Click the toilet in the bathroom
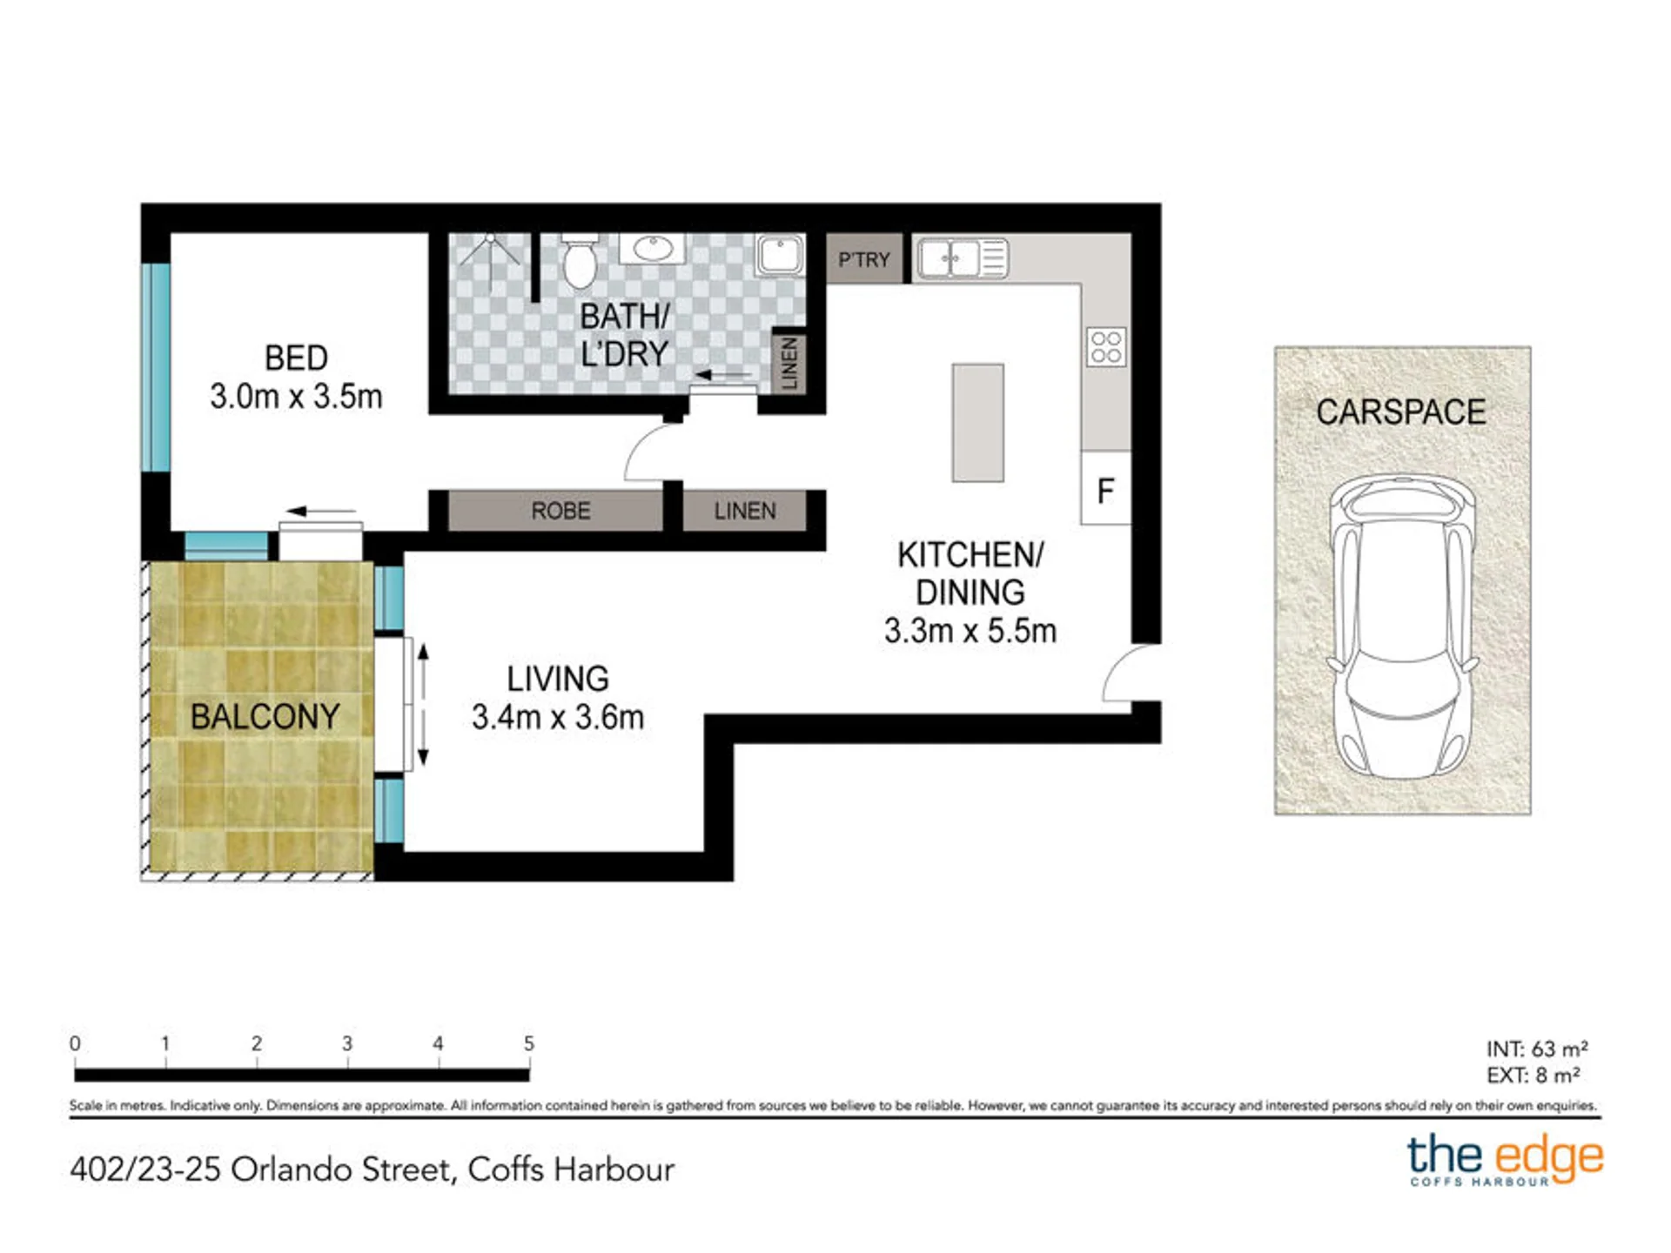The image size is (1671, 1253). click(579, 259)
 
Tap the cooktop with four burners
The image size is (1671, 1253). click(1106, 346)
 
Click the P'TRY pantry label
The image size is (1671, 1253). click(864, 259)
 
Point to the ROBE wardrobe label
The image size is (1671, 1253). click(560, 511)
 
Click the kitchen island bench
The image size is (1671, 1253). click(977, 423)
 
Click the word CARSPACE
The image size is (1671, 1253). click(1400, 412)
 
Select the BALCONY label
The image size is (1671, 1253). click(265, 717)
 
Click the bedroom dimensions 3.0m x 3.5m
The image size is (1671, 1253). click(296, 397)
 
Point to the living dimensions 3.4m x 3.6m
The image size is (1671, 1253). click(558, 717)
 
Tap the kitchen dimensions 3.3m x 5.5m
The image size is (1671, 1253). click(970, 631)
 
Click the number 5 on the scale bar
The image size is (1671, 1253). click(528, 1042)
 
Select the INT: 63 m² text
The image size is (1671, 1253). click(1537, 1049)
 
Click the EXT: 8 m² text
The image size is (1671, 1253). click(1533, 1075)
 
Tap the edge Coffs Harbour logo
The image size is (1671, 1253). click(1506, 1160)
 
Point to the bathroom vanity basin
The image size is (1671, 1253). click(652, 248)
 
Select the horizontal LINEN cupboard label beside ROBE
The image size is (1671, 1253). click(745, 511)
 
